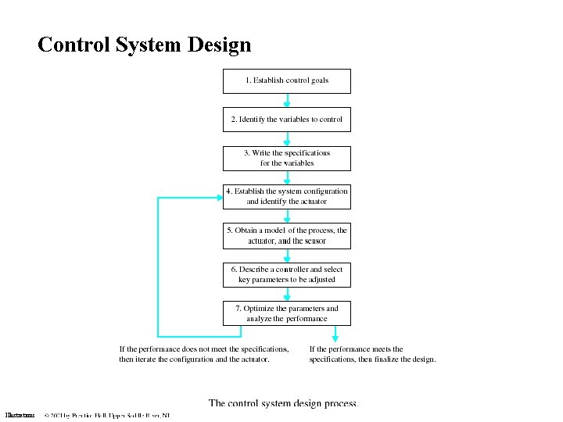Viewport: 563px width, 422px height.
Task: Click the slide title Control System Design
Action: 144,45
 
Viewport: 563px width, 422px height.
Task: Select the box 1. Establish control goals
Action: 287,80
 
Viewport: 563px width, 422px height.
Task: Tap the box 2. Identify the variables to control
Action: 287,120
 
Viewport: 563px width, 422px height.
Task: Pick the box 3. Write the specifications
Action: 287,158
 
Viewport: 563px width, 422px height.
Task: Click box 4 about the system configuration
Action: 287,196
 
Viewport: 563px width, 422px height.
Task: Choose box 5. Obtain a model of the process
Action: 287,235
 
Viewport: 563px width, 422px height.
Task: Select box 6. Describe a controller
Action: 287,274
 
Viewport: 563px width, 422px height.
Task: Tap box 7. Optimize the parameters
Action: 287,313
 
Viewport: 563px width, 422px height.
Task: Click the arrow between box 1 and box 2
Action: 287,101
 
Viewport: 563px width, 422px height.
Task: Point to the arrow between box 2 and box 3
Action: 287,139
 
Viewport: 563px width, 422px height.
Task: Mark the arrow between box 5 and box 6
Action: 287,256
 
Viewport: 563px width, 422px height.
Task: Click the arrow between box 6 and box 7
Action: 287,294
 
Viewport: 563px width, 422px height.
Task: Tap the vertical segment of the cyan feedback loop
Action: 159,266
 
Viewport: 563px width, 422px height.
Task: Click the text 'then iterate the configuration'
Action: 194,359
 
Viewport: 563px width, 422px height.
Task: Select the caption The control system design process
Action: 283,403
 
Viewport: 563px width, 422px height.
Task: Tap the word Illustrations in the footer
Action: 20,416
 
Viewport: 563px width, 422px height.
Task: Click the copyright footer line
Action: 107,416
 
